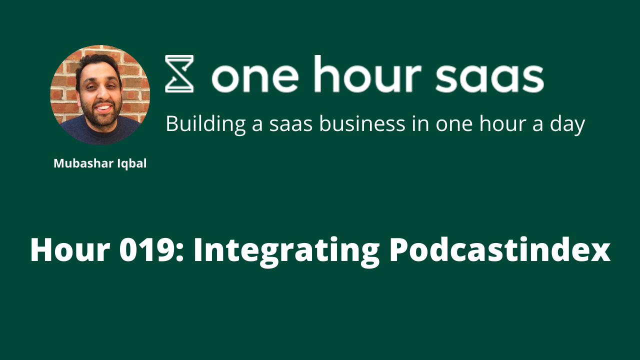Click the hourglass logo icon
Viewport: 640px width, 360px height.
pos(179,73)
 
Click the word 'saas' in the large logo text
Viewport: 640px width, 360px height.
pos(489,78)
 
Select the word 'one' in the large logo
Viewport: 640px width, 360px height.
pos(255,78)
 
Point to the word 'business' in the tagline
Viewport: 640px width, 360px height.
pos(362,123)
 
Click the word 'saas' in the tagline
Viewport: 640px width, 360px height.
pos(291,125)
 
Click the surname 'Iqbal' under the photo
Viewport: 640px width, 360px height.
pos(132,164)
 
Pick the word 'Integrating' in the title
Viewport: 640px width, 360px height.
pos(286,251)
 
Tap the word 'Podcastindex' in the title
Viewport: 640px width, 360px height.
pos(499,249)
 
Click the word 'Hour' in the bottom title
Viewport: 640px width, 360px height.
pos(70,249)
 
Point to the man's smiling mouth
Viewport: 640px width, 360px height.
pos(103,107)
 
